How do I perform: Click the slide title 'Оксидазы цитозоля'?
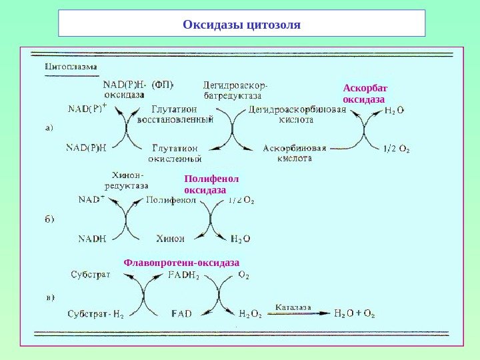[241, 25]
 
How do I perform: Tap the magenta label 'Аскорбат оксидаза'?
[364, 93]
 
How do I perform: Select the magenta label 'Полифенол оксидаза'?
[211, 185]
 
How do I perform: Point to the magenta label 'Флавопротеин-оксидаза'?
[181, 263]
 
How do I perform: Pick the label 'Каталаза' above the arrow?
[293, 308]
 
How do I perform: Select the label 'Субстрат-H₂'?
[97, 313]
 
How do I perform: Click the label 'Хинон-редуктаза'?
[127, 181]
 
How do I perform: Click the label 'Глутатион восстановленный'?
[175, 115]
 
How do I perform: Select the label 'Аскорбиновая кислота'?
[295, 153]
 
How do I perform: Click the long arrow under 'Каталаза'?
[297, 313]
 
